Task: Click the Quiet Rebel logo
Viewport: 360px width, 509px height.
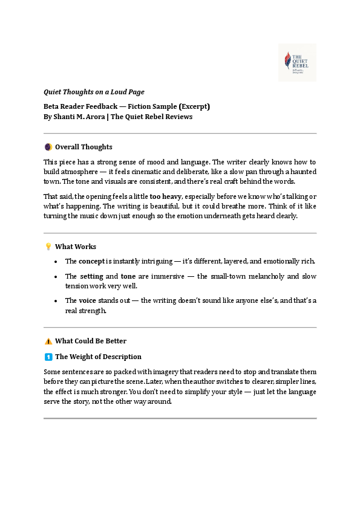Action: (x=297, y=62)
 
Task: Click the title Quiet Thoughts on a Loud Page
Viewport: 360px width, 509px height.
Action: (x=94, y=92)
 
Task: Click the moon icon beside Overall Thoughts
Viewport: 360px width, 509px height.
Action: (x=48, y=147)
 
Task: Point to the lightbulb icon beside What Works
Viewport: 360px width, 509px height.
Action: (x=48, y=247)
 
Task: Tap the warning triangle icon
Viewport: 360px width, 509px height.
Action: (x=48, y=341)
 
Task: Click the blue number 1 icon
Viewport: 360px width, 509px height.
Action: (x=48, y=357)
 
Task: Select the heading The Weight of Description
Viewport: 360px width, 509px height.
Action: (x=98, y=357)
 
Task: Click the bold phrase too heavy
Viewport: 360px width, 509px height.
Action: (x=163, y=196)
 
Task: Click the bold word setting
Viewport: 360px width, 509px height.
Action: (x=91, y=276)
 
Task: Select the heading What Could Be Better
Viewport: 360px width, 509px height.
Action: (x=91, y=341)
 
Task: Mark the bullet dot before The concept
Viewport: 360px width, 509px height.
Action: (x=56, y=261)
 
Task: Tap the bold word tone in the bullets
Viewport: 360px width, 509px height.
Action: (x=128, y=276)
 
